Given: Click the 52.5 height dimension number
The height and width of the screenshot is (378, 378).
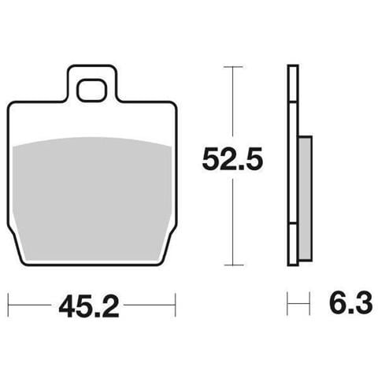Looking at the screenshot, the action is pyautogui.click(x=232, y=158).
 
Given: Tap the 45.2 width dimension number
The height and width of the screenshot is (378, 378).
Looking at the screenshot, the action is pyautogui.click(x=88, y=306).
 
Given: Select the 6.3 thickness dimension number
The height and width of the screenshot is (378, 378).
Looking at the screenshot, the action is pyautogui.click(x=350, y=302).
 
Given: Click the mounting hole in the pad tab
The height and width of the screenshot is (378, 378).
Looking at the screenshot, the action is pyautogui.click(x=92, y=90).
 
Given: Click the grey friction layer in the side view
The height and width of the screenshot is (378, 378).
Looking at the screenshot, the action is pyautogui.click(x=306, y=198).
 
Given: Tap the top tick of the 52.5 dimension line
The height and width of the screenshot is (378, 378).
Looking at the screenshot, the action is pyautogui.click(x=233, y=67).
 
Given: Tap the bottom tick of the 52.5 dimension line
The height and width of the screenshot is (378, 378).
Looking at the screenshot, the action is pyautogui.click(x=233, y=265).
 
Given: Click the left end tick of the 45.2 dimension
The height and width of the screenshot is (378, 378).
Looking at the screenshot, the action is pyautogui.click(x=9, y=305).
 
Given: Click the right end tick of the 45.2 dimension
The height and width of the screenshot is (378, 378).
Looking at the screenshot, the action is pyautogui.click(x=175, y=305).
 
